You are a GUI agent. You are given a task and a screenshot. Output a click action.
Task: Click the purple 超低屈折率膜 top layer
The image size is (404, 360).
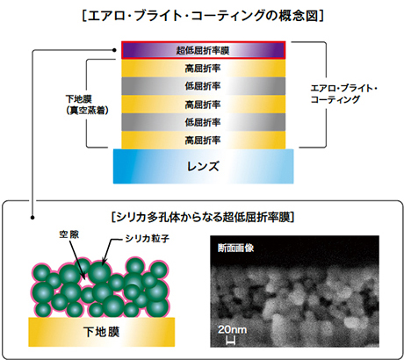pos(203,50)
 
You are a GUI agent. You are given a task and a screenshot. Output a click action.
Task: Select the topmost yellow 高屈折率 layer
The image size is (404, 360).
pos(203,68)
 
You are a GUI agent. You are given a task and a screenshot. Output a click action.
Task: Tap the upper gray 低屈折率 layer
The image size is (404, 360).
pos(203,86)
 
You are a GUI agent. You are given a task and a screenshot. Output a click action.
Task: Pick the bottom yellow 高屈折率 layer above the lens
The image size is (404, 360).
pos(203,140)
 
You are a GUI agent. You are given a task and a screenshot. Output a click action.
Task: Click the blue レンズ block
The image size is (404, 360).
pos(203,167)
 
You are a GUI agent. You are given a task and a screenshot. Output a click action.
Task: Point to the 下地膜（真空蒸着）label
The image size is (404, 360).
pos(87,104)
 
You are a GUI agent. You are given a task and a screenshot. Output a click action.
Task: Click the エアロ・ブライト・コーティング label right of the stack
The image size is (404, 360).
pos(343,94)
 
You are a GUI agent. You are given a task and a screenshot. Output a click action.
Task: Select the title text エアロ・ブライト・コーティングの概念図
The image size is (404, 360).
pos(203,16)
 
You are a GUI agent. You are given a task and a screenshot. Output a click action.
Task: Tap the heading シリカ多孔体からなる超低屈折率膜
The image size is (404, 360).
pos(203,218)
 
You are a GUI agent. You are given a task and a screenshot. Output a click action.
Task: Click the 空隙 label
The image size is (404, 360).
pos(69,234)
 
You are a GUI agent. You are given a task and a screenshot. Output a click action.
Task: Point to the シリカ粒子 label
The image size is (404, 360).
pos(148,239)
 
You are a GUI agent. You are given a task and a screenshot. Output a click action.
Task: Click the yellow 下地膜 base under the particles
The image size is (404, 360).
pos(102,332)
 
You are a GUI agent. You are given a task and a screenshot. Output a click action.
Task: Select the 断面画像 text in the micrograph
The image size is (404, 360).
pos(235,248)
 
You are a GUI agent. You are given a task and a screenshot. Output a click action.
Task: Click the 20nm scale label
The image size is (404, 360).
pos(232,329)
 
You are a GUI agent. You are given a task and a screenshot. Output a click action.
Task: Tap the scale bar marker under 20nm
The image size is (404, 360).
pos(231,340)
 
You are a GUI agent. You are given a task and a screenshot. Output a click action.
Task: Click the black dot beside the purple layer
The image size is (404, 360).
pos(114,50)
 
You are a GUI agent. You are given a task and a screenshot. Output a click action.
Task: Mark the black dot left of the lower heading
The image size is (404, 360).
pos(32,218)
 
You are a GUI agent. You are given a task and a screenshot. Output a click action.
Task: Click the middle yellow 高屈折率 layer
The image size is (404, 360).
pos(203,104)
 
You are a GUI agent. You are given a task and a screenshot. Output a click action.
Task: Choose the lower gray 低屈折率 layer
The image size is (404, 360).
pos(203,122)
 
